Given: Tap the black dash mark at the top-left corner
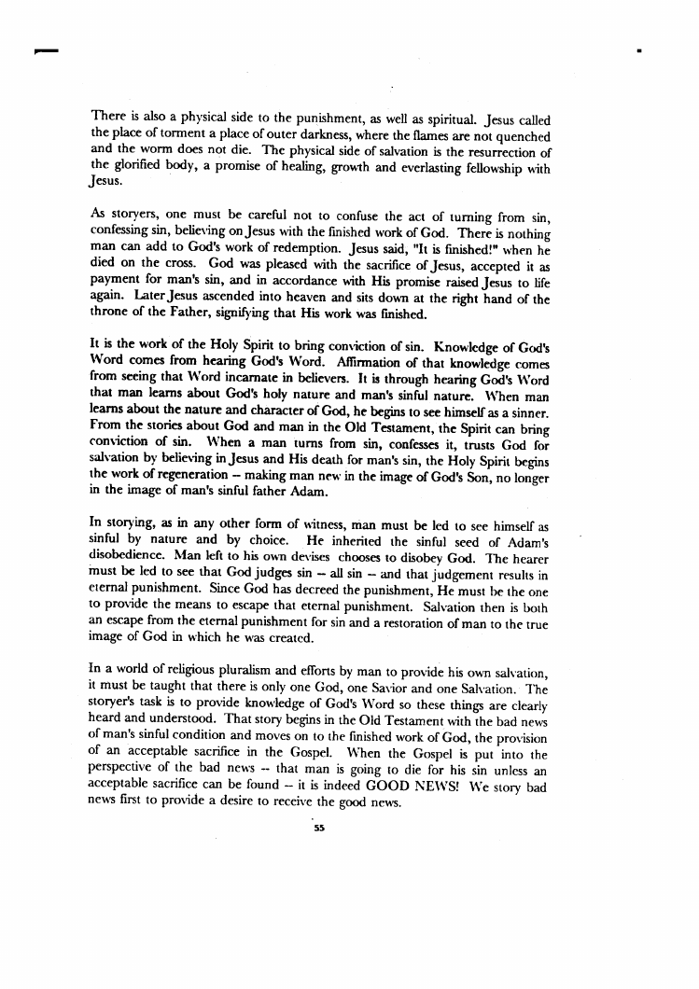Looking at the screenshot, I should (39, 49).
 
